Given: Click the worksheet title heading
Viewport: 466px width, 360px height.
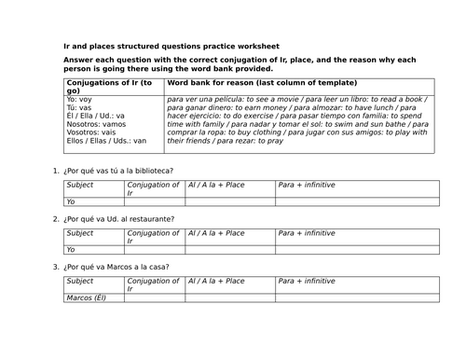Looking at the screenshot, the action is point(171,47).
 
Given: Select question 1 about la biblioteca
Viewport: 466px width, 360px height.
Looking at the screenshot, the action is point(118,171).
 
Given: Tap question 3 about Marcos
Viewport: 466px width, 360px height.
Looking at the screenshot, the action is point(116,267).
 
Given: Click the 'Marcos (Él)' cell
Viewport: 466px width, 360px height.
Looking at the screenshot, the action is point(89,298).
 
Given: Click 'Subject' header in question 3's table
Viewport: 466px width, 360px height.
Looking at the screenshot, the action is point(81,281).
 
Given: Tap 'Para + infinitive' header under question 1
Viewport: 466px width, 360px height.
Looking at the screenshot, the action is point(306,185).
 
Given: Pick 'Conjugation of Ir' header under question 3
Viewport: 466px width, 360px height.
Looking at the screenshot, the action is point(154,284).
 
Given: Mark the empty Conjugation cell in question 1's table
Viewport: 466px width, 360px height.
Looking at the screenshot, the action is point(155,201).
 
